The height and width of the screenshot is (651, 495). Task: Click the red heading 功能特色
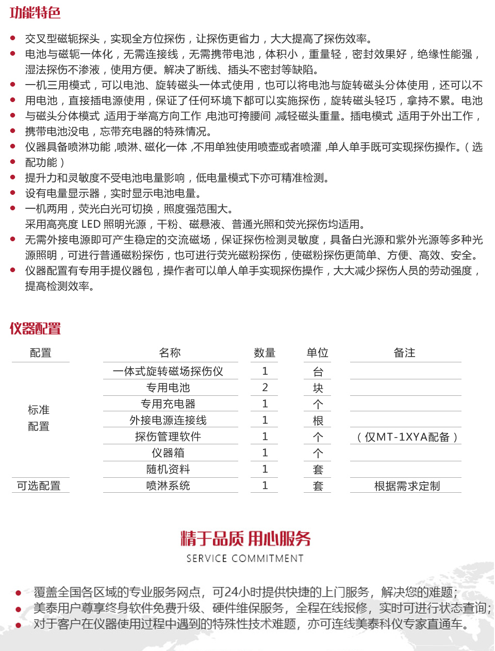pyautogui.click(x=35, y=12)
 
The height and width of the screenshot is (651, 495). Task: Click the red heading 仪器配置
pyautogui.click(x=35, y=328)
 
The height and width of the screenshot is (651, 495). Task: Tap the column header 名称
pyautogui.click(x=170, y=353)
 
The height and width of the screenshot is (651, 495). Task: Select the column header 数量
pyautogui.click(x=265, y=353)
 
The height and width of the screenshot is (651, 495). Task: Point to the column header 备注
pyautogui.click(x=404, y=353)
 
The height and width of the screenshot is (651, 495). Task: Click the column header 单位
pyautogui.click(x=317, y=353)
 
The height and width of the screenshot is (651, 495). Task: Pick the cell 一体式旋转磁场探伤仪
pyautogui.click(x=168, y=371)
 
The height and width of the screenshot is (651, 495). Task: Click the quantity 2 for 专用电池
pyautogui.click(x=265, y=387)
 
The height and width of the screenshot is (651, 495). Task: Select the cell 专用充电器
pyautogui.click(x=168, y=404)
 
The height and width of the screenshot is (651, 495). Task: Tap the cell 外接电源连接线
pyautogui.click(x=168, y=420)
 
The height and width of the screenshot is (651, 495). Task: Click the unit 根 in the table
pyautogui.click(x=318, y=421)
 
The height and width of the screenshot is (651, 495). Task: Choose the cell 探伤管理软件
pyautogui.click(x=168, y=437)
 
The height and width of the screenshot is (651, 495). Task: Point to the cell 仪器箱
pyautogui.click(x=168, y=453)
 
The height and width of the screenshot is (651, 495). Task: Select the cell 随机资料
pyautogui.click(x=168, y=469)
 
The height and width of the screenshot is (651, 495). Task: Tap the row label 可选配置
pyautogui.click(x=39, y=486)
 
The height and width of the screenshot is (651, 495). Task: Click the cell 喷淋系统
pyautogui.click(x=168, y=486)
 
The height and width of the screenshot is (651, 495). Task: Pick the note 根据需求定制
pyautogui.click(x=407, y=486)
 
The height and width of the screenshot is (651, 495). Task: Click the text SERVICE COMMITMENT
pyautogui.click(x=245, y=558)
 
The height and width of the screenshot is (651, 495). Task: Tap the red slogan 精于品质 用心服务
pyautogui.click(x=245, y=539)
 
